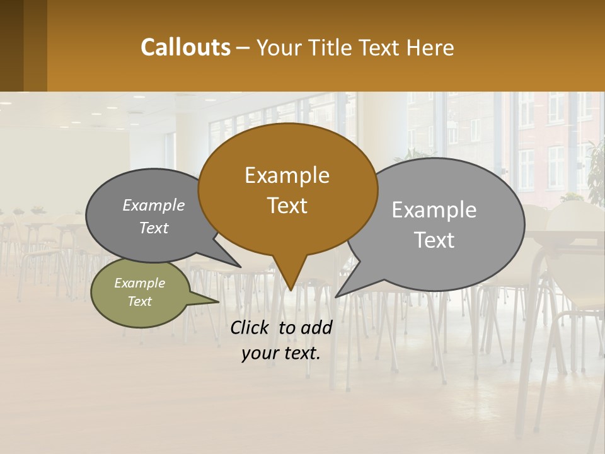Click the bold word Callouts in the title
click(185, 47)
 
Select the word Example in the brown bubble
click(287, 175)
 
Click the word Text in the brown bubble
click(287, 206)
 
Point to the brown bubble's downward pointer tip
click(291, 289)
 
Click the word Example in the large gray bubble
click(434, 210)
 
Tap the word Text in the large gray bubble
click(434, 240)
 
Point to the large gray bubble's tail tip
click(337, 296)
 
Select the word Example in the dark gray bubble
click(154, 206)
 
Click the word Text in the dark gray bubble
click(154, 228)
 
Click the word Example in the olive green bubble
click(139, 283)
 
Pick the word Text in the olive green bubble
click(139, 301)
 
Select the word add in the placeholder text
click(316, 327)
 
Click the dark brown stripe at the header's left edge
click(12, 45)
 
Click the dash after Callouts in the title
click(244, 48)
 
